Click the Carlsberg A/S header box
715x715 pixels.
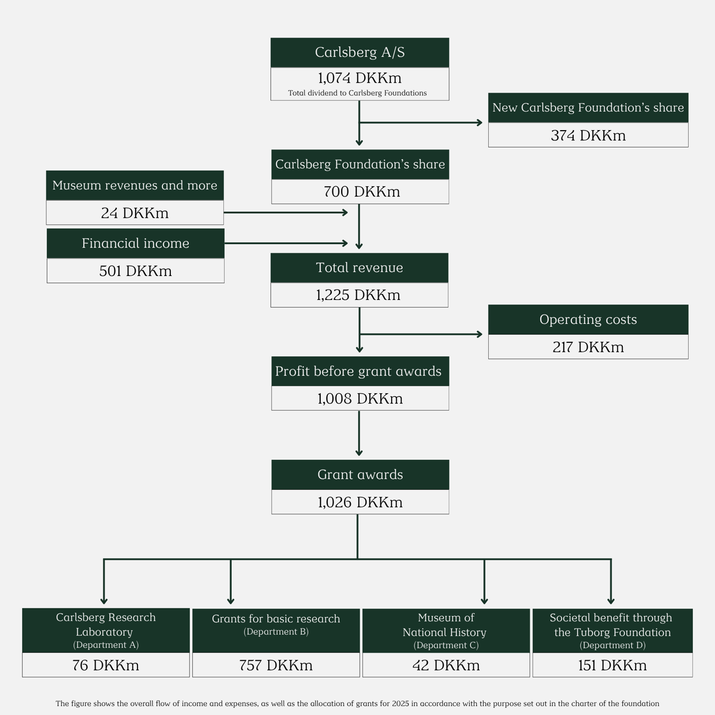click(360, 53)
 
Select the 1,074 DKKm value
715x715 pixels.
click(360, 78)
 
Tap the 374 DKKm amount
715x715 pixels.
click(588, 135)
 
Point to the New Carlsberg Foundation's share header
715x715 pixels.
click(588, 108)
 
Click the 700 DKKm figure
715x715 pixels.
click(361, 192)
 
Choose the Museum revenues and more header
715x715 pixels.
click(135, 185)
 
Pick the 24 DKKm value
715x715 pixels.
click(135, 213)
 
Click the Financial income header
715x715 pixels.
click(135, 244)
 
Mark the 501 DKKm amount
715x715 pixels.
click(135, 271)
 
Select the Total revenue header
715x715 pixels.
click(359, 268)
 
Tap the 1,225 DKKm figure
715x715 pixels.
click(358, 295)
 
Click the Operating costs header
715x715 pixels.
click(588, 320)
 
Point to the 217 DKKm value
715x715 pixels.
click(588, 347)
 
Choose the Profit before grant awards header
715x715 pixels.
click(358, 371)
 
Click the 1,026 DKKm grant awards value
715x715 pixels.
click(360, 502)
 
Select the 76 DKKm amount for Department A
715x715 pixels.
click(106, 665)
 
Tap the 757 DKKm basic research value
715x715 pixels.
click(276, 665)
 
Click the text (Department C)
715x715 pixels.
click(446, 645)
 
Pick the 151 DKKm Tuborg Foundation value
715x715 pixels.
click(612, 665)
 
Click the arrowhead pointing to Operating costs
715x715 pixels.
click(479, 334)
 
